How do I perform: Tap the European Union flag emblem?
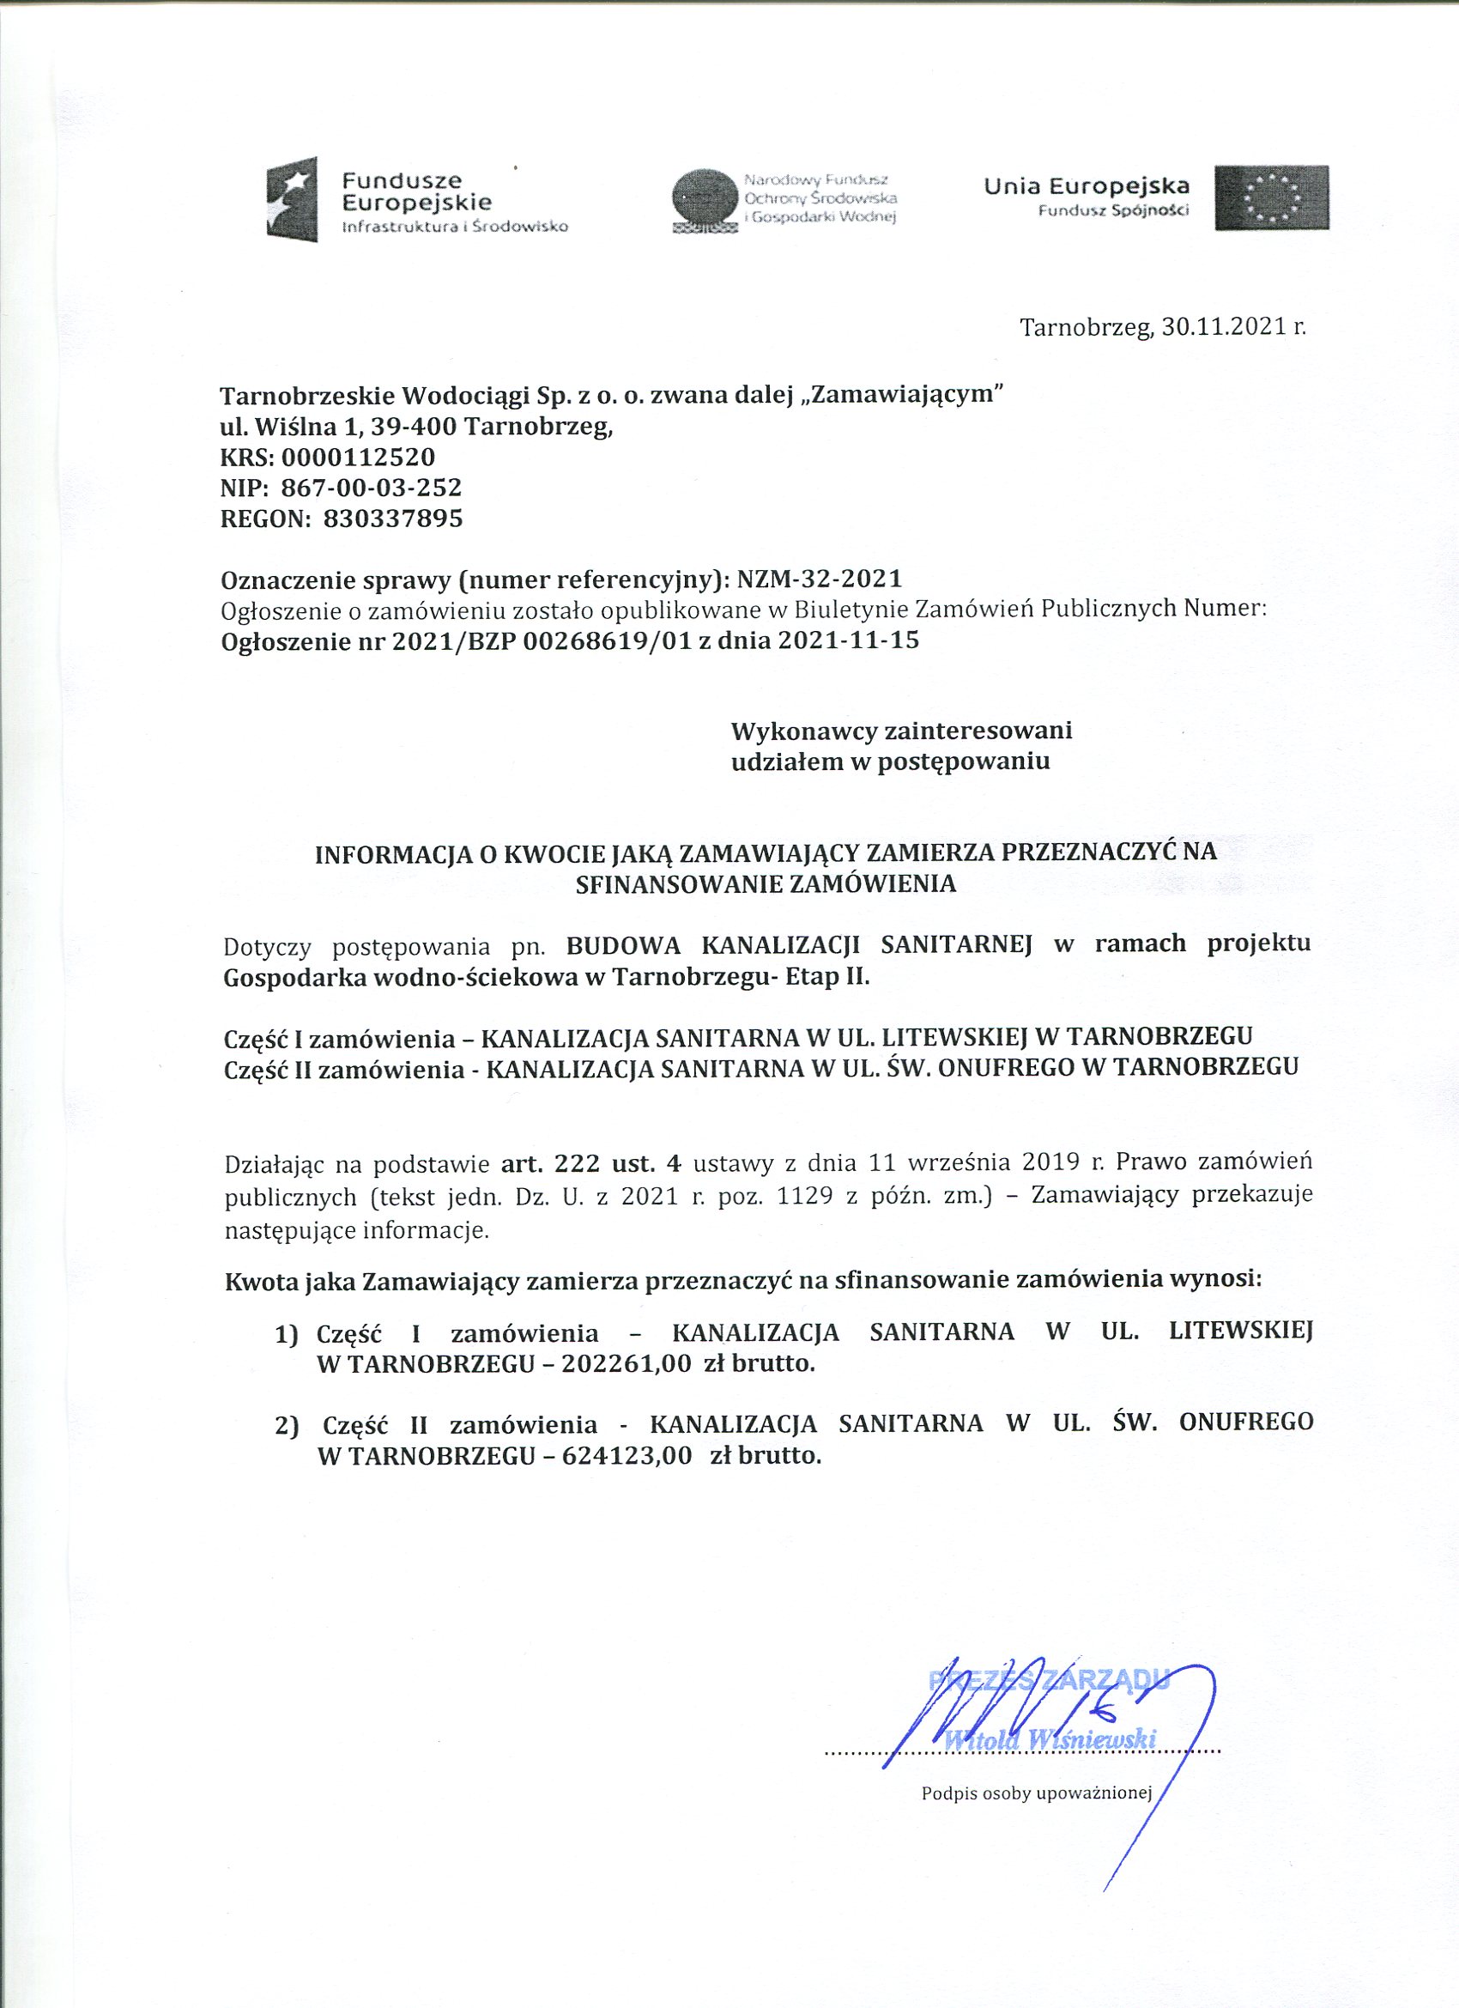(x=1271, y=197)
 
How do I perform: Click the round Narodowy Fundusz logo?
(x=704, y=198)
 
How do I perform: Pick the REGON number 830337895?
(x=393, y=518)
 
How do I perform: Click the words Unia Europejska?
(x=1087, y=187)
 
